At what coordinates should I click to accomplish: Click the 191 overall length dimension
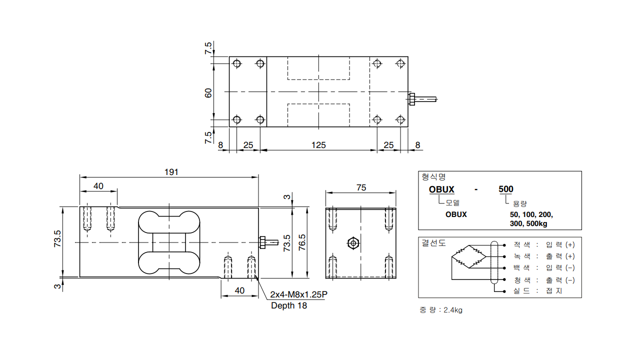171,172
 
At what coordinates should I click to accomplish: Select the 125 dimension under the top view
318,145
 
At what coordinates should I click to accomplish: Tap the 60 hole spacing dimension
208,93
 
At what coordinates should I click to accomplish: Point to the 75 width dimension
361,187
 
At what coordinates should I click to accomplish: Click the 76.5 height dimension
302,242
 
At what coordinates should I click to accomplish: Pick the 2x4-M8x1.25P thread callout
299,294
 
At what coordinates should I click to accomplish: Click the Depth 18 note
289,305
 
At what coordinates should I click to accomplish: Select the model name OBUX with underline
441,189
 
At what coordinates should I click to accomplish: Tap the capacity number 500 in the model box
506,189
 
